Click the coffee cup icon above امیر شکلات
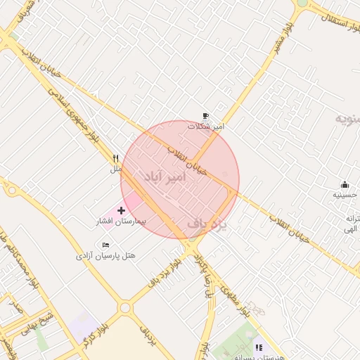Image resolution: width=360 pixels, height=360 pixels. tap(205, 116)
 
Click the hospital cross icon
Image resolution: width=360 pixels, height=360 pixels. tap(121, 210)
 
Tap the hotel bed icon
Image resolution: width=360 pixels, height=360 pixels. tap(105, 244)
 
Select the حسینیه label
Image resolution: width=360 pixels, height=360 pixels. tap(345, 195)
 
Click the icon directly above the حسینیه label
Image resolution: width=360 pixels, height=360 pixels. tap(345, 184)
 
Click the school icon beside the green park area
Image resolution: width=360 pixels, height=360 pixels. tap(259, 347)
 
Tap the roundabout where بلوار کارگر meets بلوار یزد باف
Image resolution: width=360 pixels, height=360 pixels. tap(125, 307)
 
